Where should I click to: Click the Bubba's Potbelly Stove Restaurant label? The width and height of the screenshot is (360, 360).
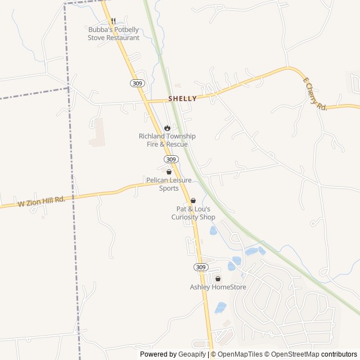click(x=113, y=34)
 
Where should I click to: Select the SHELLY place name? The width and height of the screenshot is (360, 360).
click(x=182, y=98)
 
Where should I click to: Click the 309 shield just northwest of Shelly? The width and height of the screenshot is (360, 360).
click(x=137, y=83)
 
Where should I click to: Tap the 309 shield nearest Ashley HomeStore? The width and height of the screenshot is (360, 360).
click(x=201, y=266)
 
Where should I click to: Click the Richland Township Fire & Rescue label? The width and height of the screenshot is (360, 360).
click(x=168, y=140)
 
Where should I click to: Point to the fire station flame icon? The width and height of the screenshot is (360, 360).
click(x=167, y=128)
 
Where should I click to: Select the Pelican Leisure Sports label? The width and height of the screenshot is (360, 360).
click(x=169, y=184)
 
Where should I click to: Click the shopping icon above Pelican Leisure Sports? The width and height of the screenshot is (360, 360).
click(x=169, y=172)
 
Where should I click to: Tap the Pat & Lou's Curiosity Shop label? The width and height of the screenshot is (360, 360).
click(x=193, y=213)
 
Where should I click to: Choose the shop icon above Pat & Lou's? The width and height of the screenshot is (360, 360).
click(x=193, y=200)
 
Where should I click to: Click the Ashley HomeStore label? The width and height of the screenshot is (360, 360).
click(x=218, y=287)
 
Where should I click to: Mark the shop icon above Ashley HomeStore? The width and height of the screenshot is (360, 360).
click(x=218, y=278)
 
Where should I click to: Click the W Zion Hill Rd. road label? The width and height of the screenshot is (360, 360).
click(x=42, y=201)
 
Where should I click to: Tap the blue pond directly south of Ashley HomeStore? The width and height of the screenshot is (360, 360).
click(x=220, y=308)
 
